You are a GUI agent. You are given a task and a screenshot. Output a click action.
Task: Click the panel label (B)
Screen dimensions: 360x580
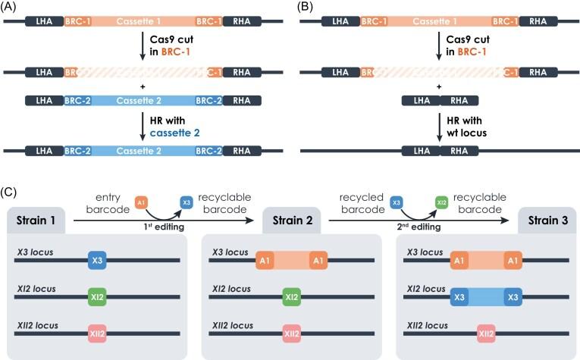(x=304, y=6)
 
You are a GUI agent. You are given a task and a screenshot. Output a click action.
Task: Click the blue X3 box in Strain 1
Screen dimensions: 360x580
(x=96, y=259)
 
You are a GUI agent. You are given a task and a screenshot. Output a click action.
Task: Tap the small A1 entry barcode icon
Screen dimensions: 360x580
(x=141, y=202)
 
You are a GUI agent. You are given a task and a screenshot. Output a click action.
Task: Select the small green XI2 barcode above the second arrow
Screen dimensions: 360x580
(x=440, y=203)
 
